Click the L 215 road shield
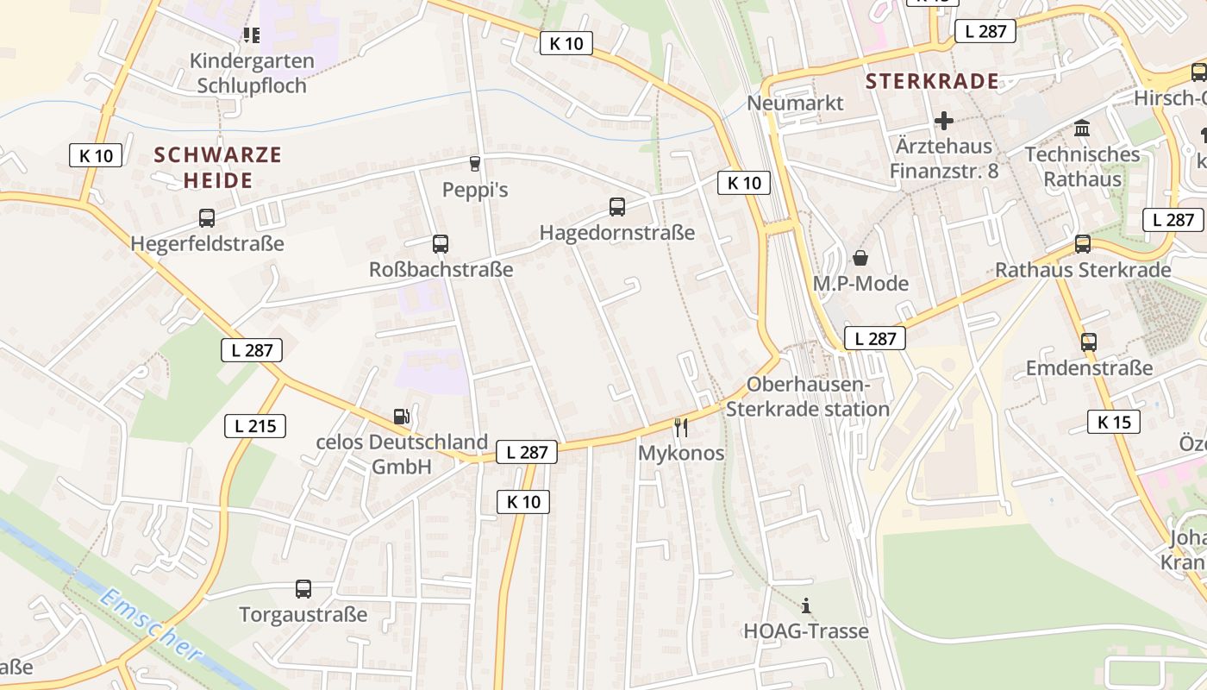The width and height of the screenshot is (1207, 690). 255,425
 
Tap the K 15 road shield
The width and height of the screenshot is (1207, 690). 1114,422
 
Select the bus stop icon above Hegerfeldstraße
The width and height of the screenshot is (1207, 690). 207,218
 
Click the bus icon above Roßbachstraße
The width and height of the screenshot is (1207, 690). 441,244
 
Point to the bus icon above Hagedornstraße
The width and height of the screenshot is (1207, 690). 617,207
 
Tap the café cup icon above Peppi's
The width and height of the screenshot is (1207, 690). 474,164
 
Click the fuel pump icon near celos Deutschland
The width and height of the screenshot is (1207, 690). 401,417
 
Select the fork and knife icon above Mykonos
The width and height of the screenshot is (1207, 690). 681,427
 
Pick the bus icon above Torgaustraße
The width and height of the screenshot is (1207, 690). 303,589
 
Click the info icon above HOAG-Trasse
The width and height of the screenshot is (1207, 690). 806,605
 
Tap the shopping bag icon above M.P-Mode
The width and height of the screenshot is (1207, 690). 860,258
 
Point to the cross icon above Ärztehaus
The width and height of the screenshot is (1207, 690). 944,121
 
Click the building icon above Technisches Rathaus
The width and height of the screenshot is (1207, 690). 1081,129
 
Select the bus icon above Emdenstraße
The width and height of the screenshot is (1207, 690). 1089,342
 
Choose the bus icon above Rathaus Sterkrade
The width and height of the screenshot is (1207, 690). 1083,244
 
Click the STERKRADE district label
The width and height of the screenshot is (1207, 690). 932,82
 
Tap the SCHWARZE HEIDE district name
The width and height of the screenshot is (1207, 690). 218,167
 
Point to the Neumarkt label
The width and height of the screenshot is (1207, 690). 795,103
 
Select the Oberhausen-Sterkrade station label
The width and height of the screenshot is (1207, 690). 807,397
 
